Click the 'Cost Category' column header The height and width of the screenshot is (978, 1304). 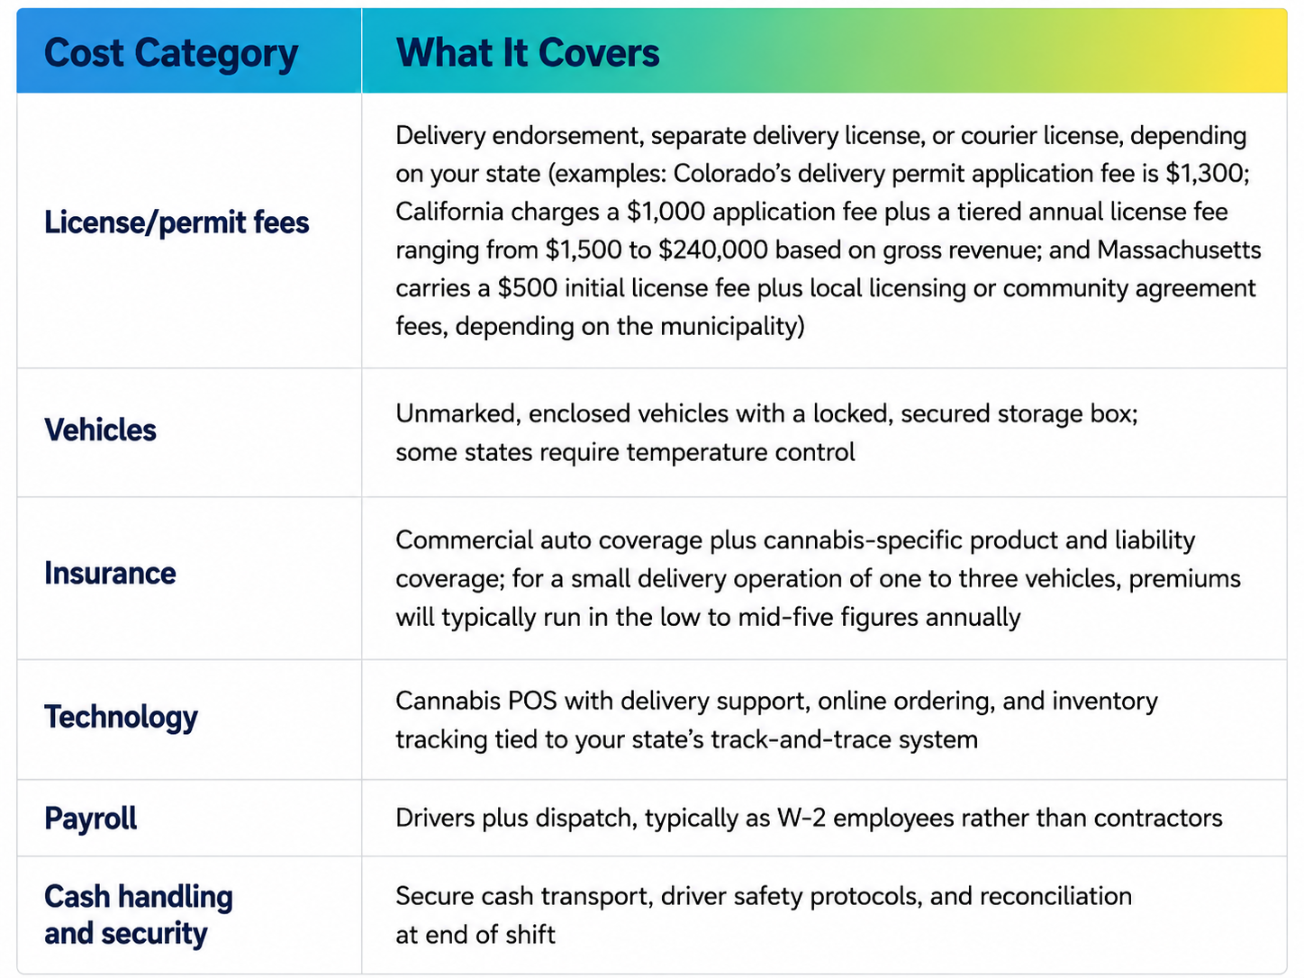pyautogui.click(x=171, y=54)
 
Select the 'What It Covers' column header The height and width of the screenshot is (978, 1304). pyautogui.click(x=528, y=53)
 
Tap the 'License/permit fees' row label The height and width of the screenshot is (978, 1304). pyautogui.click(x=177, y=223)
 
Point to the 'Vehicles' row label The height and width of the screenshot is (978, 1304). pyautogui.click(x=100, y=430)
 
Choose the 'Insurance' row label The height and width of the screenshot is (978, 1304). pyautogui.click(x=110, y=574)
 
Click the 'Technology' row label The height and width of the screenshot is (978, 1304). pyautogui.click(x=121, y=718)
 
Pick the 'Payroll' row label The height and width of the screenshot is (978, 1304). pyautogui.click(x=90, y=819)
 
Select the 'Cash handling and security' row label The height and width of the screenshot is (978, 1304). pyautogui.click(x=139, y=914)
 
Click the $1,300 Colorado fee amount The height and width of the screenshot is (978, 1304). pyautogui.click(x=1207, y=174)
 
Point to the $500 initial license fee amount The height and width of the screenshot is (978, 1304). pyautogui.click(x=528, y=288)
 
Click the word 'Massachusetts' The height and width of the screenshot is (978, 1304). pyautogui.click(x=1179, y=250)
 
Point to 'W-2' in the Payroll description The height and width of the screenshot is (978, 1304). pyautogui.click(x=801, y=819)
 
